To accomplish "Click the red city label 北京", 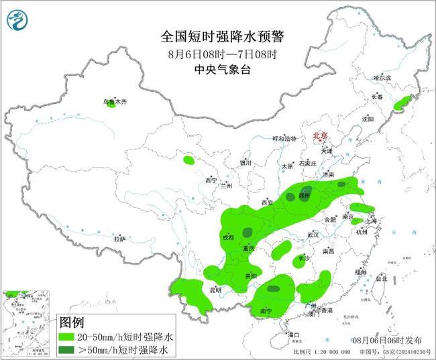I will (x=321, y=136).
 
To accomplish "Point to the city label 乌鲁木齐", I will (x=113, y=102).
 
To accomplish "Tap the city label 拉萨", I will (x=119, y=239).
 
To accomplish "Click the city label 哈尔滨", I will (x=382, y=78).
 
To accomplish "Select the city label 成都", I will (x=229, y=237).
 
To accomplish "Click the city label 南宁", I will (x=266, y=311).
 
